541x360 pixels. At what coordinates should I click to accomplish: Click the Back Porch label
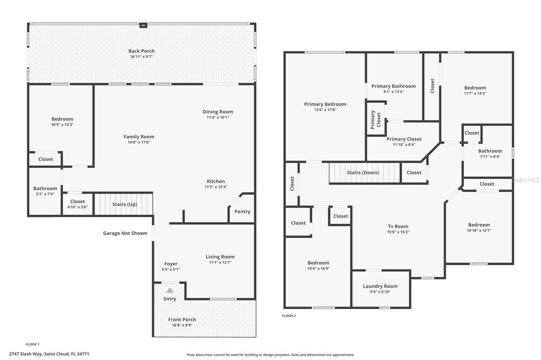142,51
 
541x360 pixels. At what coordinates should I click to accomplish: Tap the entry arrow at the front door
170,290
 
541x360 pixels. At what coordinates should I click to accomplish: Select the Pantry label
242,212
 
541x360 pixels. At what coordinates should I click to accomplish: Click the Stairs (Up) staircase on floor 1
124,204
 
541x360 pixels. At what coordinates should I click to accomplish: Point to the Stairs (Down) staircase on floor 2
363,173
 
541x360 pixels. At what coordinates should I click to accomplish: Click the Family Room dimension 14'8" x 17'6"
139,143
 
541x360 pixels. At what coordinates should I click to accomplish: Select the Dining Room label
218,111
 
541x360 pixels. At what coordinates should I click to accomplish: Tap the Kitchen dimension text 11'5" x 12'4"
216,187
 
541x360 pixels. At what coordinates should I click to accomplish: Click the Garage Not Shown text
125,233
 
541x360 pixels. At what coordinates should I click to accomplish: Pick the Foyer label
171,263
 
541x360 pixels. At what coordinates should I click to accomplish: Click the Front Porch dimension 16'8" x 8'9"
182,325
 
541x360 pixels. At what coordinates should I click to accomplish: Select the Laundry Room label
380,286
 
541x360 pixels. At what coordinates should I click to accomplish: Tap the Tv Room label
398,226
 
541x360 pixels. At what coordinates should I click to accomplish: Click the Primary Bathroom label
393,86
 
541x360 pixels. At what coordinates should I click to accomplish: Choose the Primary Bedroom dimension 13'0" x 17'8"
325,110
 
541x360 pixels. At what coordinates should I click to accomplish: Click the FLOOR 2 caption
289,316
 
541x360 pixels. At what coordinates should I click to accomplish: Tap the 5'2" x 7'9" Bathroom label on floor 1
45,188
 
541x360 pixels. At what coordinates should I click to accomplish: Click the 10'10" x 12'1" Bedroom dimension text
479,230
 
